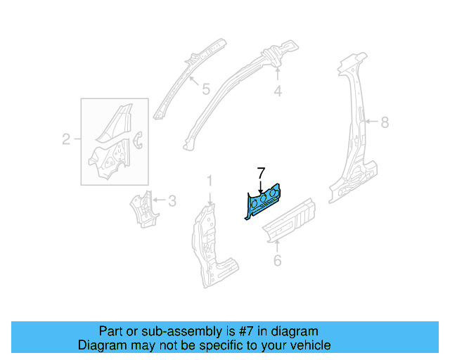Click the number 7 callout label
pos(261,172)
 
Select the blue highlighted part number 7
pos(263,202)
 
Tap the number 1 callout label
pos(209,182)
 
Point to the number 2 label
pos(66,139)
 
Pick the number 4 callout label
pos(278,91)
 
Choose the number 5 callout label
pos(205,89)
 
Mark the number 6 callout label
pos(277,261)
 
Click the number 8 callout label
pos(384,122)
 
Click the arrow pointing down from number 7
pos(261,186)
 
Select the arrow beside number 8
pos(370,122)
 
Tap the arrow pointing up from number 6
pos(277,245)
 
